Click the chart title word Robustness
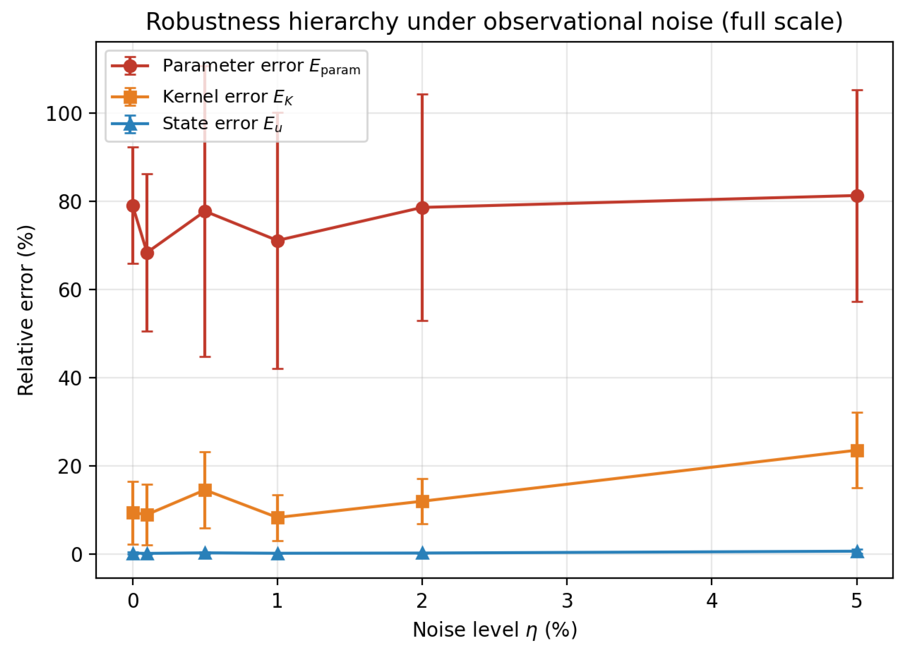213,22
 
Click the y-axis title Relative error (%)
26,311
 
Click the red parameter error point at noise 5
857,196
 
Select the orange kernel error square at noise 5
857,450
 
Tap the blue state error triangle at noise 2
423,553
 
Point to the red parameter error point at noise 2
423,208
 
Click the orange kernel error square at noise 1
277,518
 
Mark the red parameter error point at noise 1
277,241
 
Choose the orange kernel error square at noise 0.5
205,490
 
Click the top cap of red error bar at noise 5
857,91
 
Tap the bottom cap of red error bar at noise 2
423,321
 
